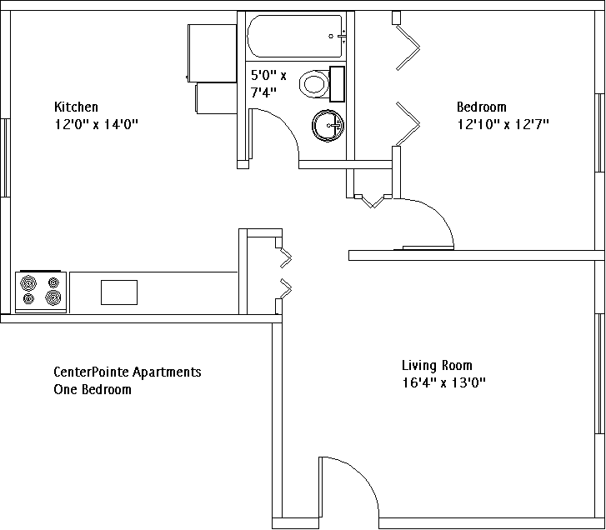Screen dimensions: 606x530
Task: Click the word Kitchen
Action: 76,107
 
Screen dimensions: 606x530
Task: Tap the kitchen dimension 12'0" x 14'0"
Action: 96,124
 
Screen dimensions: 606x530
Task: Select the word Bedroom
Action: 482,107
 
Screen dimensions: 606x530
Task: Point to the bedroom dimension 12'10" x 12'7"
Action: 503,124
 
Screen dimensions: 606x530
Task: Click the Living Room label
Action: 437,365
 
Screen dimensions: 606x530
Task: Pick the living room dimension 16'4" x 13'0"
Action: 443,382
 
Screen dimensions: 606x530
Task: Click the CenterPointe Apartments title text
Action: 128,372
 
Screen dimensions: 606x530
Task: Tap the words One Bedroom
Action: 93,389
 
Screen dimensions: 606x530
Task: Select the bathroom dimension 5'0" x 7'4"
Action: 268,83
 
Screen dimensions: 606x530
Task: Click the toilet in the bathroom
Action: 322,84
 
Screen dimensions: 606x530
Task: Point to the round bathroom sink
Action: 328,126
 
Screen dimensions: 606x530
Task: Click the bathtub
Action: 296,36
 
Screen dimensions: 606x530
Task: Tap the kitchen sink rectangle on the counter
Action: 119,292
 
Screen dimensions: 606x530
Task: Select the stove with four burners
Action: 41,292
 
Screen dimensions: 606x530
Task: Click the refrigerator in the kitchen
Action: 213,53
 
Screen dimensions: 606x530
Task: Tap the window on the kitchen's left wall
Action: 5,157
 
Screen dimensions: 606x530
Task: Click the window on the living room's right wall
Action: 600,373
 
